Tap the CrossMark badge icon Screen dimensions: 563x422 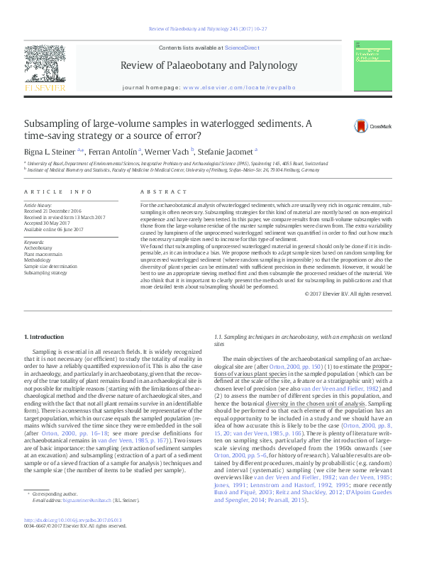pos(361,126)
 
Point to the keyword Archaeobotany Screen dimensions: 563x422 pos(39,249)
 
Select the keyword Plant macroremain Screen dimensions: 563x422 pos(44,255)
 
